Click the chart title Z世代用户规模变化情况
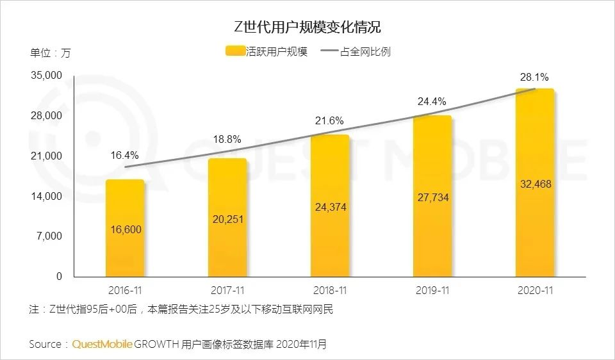pyautogui.click(x=307, y=28)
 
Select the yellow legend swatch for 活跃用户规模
pyautogui.click(x=235, y=52)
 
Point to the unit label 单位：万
pyautogui.click(x=50, y=53)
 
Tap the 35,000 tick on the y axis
pyautogui.click(x=46, y=76)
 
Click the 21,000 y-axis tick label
pyautogui.click(x=46, y=156)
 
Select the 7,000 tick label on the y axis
pyautogui.click(x=49, y=236)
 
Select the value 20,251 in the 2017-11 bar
pyautogui.click(x=227, y=219)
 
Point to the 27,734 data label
pyautogui.click(x=432, y=198)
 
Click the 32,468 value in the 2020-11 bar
pyautogui.click(x=534, y=184)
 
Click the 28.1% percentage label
pyautogui.click(x=534, y=78)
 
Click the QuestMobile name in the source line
pyautogui.click(x=102, y=345)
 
